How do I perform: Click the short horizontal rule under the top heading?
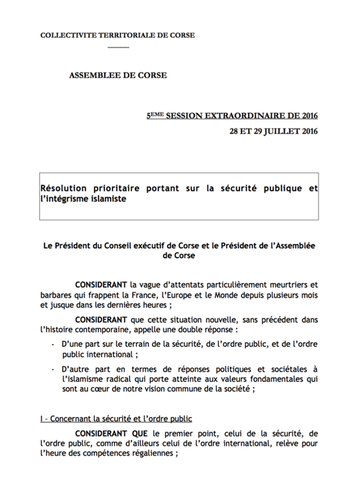coord(118,48)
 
